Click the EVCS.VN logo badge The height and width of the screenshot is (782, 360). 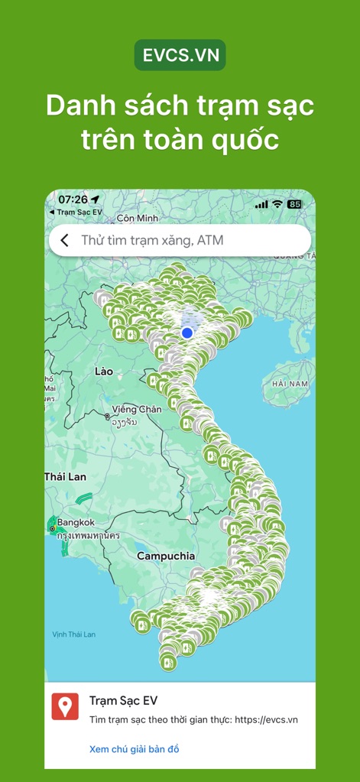pyautogui.click(x=180, y=55)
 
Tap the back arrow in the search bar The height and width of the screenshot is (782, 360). pyautogui.click(x=65, y=240)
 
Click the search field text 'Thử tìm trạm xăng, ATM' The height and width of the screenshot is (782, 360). pyautogui.click(x=152, y=240)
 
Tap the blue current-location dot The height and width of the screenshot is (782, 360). pyautogui.click(x=187, y=333)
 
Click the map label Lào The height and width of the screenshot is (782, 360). pyautogui.click(x=103, y=372)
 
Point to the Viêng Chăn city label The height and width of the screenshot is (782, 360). pyautogui.click(x=137, y=410)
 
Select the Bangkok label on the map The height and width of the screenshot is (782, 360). pyautogui.click(x=76, y=523)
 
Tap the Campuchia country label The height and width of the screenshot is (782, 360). pyautogui.click(x=166, y=556)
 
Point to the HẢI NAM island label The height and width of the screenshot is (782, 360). pyautogui.click(x=290, y=383)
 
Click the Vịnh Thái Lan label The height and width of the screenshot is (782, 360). pyautogui.click(x=74, y=634)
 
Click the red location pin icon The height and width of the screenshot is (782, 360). pyautogui.click(x=65, y=706)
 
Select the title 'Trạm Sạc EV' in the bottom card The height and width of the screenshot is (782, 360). pyautogui.click(x=124, y=701)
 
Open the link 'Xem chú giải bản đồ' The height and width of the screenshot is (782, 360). pyautogui.click(x=134, y=749)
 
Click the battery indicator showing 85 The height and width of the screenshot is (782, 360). pyautogui.click(x=294, y=204)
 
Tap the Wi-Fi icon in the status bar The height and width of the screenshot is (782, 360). pyautogui.click(x=277, y=204)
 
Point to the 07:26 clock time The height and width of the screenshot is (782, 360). pyautogui.click(x=73, y=200)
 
